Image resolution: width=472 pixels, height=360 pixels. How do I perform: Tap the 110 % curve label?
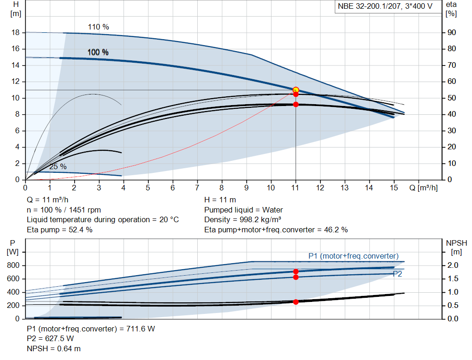(98, 27)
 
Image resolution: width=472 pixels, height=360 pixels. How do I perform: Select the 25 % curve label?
(58, 166)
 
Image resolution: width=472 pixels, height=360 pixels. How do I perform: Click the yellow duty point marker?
(296, 90)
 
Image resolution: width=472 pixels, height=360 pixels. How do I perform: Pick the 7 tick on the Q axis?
(197, 188)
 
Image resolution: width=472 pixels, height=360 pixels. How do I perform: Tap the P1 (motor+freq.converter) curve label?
(354, 256)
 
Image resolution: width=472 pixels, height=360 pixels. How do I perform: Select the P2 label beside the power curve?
(397, 274)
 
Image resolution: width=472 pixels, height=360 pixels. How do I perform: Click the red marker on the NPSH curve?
(296, 302)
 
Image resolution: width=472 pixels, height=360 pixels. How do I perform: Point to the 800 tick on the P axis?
(13, 266)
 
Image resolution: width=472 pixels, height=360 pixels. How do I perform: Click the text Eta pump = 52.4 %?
(59, 230)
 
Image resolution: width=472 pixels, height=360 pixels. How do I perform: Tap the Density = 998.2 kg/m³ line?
(243, 220)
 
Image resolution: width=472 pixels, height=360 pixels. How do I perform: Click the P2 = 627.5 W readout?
(50, 339)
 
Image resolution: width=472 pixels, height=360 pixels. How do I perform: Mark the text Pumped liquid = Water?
(243, 210)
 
